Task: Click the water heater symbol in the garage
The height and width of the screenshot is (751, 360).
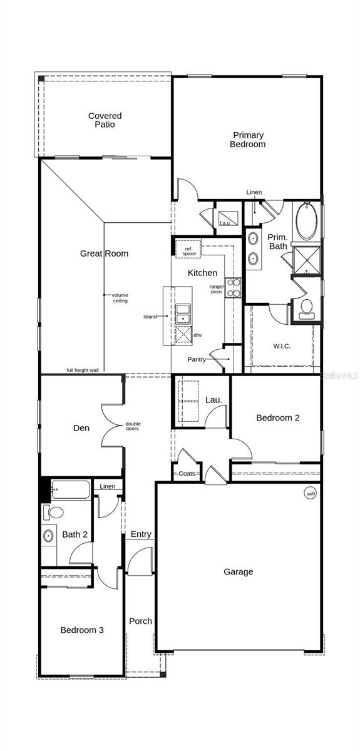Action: pyautogui.click(x=310, y=493)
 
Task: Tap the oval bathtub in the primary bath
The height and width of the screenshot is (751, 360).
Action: pyautogui.click(x=307, y=221)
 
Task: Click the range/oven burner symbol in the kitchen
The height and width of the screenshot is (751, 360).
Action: pyautogui.click(x=233, y=288)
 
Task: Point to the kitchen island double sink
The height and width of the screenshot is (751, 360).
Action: pyautogui.click(x=183, y=314)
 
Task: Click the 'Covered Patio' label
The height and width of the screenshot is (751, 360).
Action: pyautogui.click(x=105, y=120)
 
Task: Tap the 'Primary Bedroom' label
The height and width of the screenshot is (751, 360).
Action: pyautogui.click(x=248, y=140)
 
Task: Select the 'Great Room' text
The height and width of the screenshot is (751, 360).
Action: pyautogui.click(x=104, y=253)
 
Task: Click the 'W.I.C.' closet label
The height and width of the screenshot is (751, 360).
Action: pyautogui.click(x=282, y=346)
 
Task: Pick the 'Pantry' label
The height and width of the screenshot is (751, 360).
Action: pyautogui.click(x=197, y=359)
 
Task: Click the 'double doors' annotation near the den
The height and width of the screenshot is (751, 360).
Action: pyautogui.click(x=133, y=426)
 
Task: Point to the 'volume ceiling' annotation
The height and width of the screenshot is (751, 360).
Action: pyautogui.click(x=120, y=298)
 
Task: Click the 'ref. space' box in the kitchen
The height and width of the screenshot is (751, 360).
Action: pyautogui.click(x=188, y=248)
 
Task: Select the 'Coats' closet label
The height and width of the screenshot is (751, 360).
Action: pyautogui.click(x=187, y=473)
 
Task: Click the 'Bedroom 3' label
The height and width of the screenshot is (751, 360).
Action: pyautogui.click(x=82, y=630)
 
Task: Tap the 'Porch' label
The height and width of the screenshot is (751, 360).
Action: pyautogui.click(x=141, y=621)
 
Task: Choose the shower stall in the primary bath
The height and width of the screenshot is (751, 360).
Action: pyautogui.click(x=306, y=260)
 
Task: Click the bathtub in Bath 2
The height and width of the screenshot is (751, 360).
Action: pyautogui.click(x=71, y=489)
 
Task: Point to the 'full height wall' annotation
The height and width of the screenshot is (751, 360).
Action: pyautogui.click(x=83, y=370)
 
